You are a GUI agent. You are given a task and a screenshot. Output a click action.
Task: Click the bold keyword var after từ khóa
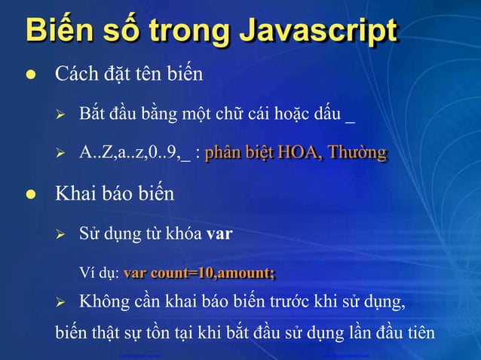coord(219,233)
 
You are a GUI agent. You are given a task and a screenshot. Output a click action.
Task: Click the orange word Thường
coord(360,154)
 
